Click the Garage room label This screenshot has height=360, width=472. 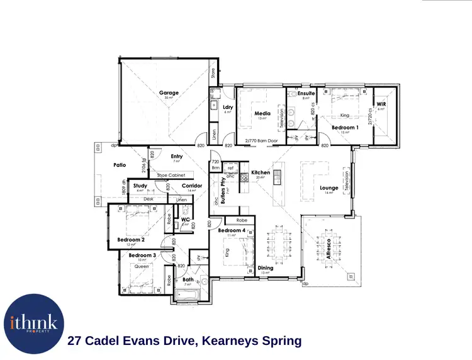click(169, 93)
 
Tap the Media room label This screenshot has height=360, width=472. click(262, 114)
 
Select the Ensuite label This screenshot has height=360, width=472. click(306, 93)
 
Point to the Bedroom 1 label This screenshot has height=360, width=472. click(346, 128)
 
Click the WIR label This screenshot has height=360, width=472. click(380, 104)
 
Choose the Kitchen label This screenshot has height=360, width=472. click(261, 172)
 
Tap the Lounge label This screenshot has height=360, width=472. click(329, 188)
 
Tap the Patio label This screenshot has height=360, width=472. click(120, 165)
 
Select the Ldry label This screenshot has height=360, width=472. click(228, 108)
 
